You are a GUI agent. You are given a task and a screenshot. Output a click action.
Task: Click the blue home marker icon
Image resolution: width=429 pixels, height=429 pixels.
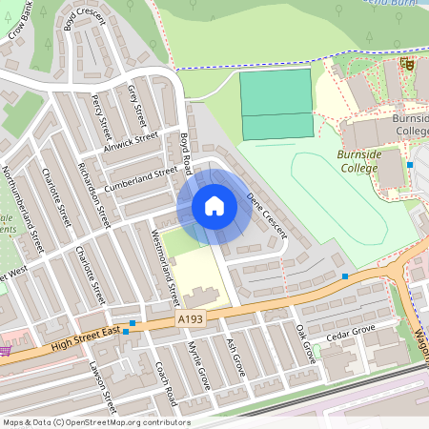click(x=214, y=206)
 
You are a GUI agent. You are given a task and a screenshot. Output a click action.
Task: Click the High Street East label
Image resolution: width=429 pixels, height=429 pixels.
click(x=86, y=336)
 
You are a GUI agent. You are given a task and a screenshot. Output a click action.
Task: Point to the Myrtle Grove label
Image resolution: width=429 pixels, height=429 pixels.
click(x=197, y=365)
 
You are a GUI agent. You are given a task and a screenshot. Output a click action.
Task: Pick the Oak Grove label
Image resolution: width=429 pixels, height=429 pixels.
click(x=305, y=344)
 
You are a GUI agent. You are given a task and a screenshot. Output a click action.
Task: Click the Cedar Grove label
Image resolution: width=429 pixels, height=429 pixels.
click(x=346, y=337)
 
